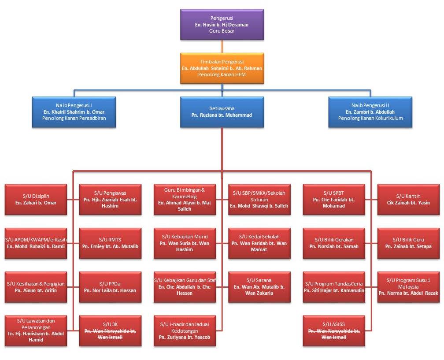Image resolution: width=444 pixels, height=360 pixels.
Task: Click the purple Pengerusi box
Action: click(222, 25)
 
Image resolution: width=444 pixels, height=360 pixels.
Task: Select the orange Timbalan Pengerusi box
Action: click(222, 68)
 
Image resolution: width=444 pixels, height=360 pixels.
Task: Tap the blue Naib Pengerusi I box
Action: click(74, 112)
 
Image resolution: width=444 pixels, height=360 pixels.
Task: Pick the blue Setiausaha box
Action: click(222, 112)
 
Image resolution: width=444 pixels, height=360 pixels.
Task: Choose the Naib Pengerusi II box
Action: click(370, 112)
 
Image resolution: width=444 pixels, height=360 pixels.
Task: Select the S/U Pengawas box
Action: click(110, 200)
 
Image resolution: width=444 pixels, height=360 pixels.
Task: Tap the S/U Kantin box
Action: click(408, 200)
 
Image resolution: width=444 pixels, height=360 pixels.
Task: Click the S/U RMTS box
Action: click(110, 243)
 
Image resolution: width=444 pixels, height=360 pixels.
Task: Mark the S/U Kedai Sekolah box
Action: click(259, 243)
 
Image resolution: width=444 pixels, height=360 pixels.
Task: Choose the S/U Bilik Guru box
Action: click(408, 243)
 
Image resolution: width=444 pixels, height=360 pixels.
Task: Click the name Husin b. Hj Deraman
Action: click(222, 25)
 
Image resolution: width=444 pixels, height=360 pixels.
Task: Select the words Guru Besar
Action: click(222, 31)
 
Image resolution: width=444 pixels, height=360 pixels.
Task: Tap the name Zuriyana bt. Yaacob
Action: click(185, 337)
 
